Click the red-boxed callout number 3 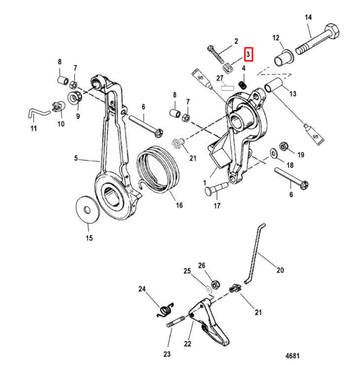[248, 55]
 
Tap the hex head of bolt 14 [332, 31]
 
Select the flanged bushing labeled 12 [283, 58]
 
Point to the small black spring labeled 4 [242, 84]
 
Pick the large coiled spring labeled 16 [158, 169]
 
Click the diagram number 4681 [292, 356]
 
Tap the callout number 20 [280, 270]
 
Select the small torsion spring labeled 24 [165, 310]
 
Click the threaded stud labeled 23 [176, 322]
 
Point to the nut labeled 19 [283, 147]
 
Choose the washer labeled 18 [273, 154]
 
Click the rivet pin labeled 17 [216, 188]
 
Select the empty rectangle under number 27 [227, 88]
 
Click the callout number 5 [76, 158]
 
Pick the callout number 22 [187, 344]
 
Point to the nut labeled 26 [215, 285]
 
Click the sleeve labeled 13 [274, 85]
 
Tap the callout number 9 [78, 116]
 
